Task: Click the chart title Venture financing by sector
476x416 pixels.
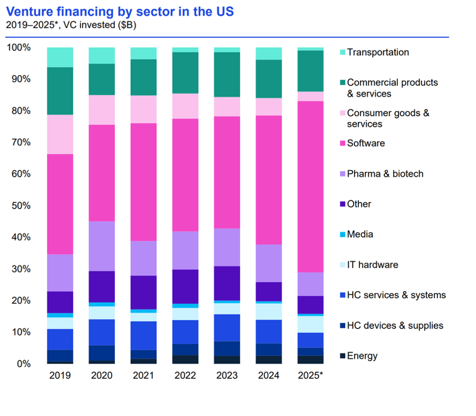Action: click(x=120, y=11)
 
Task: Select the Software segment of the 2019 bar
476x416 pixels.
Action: click(x=60, y=204)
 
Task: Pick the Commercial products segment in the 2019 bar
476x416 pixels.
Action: click(x=60, y=91)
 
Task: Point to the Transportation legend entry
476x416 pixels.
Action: click(x=378, y=53)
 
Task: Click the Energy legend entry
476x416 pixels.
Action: click(x=362, y=356)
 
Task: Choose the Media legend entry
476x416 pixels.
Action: click(x=359, y=234)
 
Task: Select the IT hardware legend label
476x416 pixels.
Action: click(x=372, y=265)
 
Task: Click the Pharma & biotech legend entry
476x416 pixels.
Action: click(x=385, y=174)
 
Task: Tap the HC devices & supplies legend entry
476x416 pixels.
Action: click(x=394, y=326)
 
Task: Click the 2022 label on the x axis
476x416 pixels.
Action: click(x=185, y=375)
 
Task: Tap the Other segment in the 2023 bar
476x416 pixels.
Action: click(x=228, y=283)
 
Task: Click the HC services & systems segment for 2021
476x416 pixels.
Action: click(x=144, y=335)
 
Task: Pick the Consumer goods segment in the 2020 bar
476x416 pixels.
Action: click(x=102, y=110)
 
